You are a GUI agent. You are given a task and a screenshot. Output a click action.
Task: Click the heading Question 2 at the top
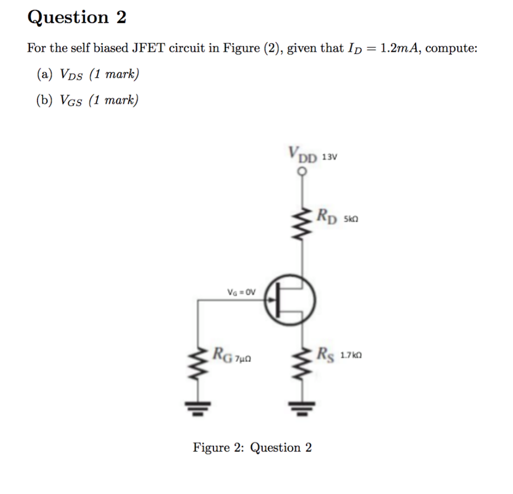[x=77, y=18]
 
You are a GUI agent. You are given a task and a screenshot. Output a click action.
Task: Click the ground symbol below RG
[x=199, y=408]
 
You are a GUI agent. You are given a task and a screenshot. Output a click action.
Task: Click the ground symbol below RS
[x=303, y=408]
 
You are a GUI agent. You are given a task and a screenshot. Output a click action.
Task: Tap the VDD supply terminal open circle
[x=303, y=171]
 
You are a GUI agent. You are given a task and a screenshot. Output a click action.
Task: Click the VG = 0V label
[x=242, y=292]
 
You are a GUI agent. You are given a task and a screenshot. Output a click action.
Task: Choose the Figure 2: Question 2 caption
[x=252, y=447]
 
